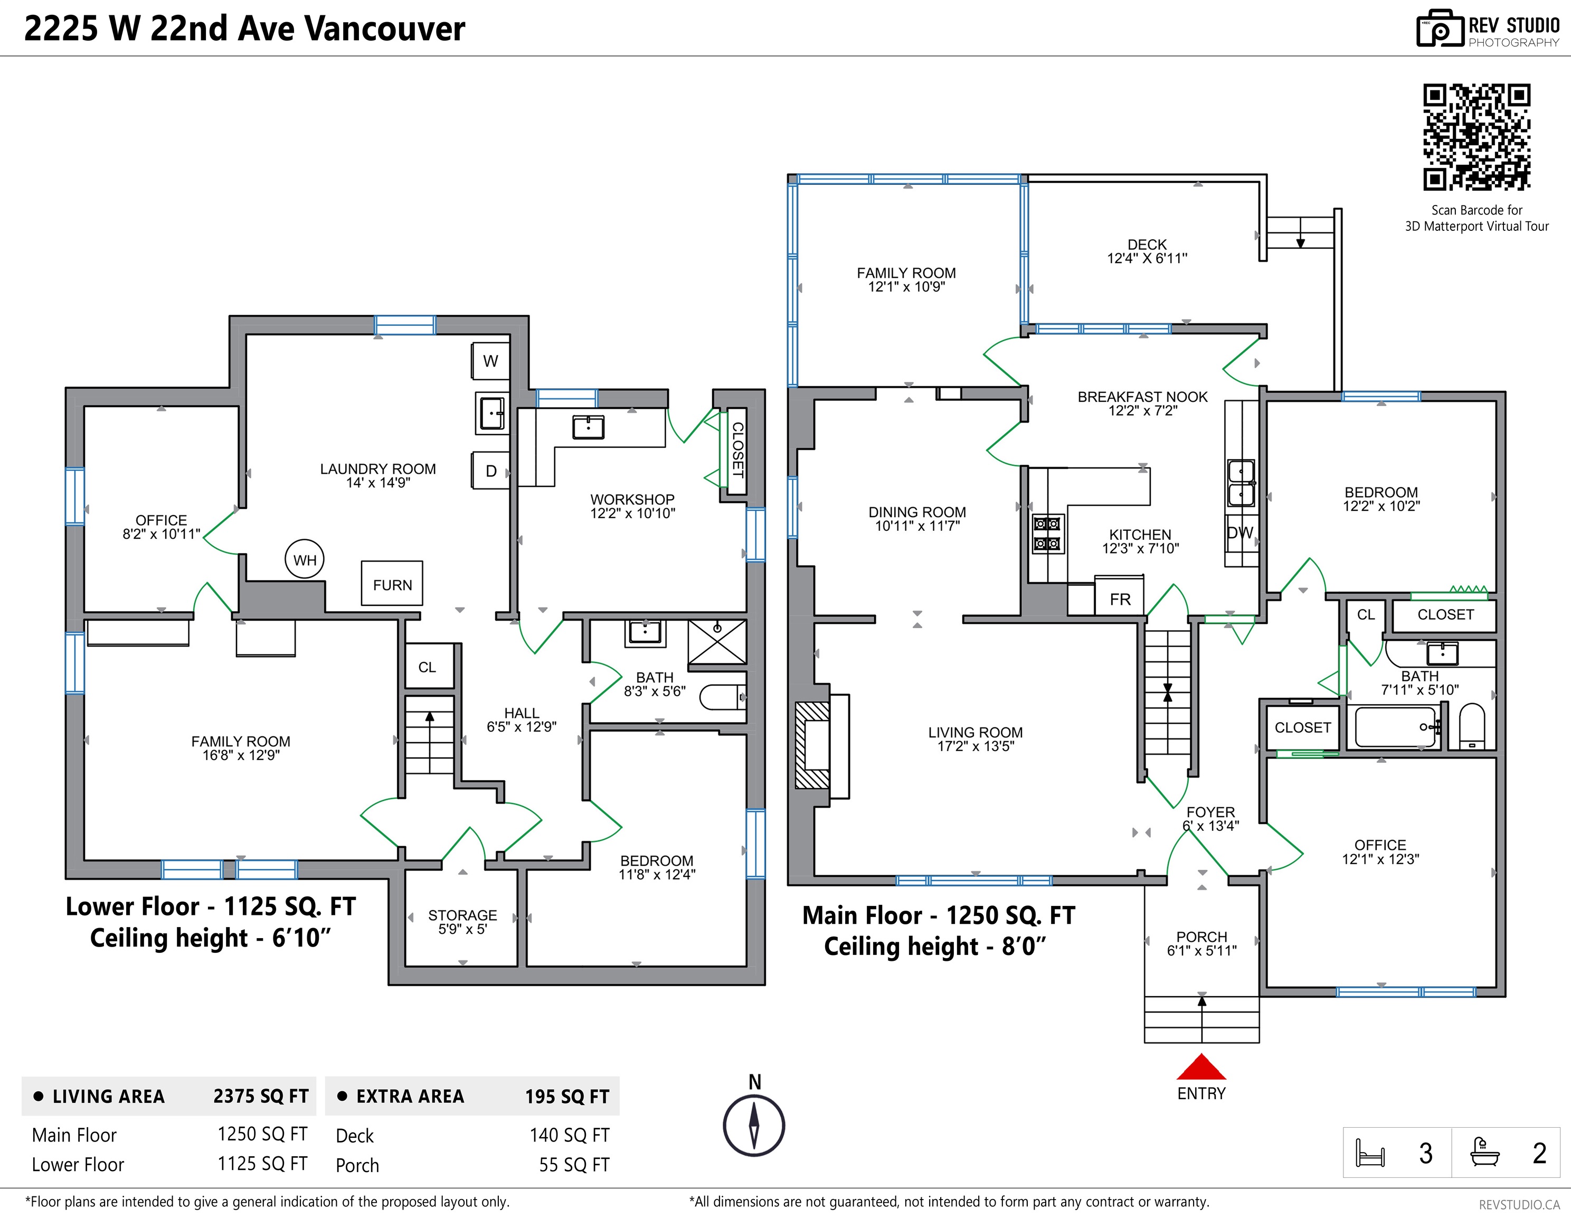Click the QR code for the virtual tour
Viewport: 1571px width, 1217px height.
click(1477, 137)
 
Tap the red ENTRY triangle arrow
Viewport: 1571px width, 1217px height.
click(1201, 1068)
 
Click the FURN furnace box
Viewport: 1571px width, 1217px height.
click(392, 583)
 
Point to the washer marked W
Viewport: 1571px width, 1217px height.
click(490, 361)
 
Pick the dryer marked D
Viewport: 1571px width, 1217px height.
click(490, 471)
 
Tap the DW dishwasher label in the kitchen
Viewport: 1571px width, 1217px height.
click(1240, 532)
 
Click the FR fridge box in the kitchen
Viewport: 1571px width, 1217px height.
click(1119, 597)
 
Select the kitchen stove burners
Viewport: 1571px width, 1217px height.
click(1047, 533)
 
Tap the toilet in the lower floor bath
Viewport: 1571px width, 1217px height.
click(723, 697)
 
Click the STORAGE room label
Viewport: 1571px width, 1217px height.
click(462, 915)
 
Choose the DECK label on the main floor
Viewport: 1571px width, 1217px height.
click(1147, 245)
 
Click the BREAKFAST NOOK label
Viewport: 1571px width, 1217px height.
click(1142, 397)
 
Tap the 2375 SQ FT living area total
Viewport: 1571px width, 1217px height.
click(260, 1096)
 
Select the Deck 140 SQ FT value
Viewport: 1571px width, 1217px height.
click(569, 1135)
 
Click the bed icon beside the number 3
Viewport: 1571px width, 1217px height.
click(1369, 1152)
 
